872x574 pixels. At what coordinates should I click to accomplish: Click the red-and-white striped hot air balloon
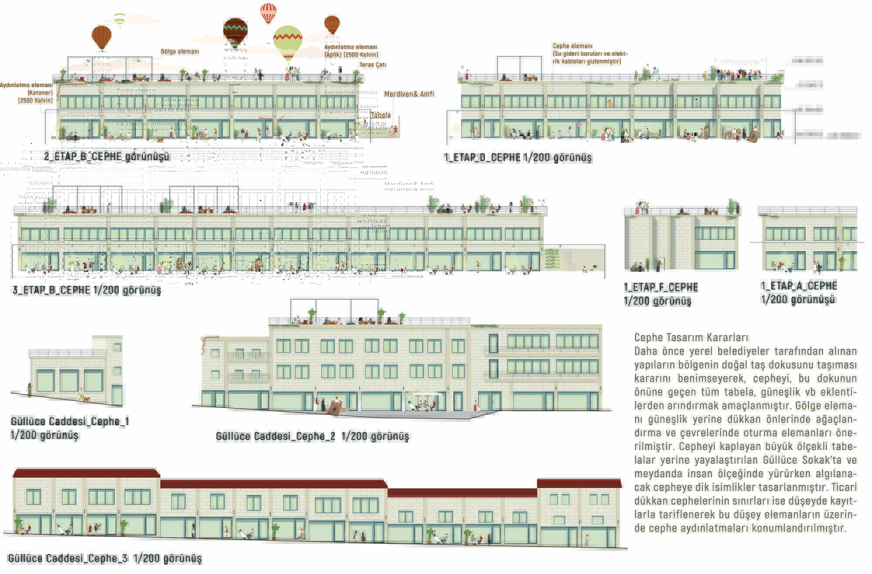[268, 13]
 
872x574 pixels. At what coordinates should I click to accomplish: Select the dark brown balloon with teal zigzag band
[235, 31]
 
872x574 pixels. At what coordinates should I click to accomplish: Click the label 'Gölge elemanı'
[180, 51]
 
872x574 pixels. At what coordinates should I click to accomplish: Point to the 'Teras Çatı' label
[373, 65]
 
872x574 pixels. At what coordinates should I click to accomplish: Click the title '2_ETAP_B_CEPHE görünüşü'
[107, 156]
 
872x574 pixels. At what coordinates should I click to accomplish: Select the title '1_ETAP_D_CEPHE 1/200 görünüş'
[518, 157]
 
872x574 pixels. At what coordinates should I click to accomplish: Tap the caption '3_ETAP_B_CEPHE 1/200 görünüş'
[87, 290]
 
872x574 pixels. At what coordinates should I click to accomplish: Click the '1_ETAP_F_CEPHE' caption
[661, 287]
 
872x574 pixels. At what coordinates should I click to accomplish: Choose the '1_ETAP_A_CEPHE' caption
[799, 286]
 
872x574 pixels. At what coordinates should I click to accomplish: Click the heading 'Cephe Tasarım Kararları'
[691, 337]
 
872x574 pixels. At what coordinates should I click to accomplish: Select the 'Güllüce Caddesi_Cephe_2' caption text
[276, 436]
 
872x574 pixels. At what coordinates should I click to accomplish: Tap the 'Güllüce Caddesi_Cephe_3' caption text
[68, 558]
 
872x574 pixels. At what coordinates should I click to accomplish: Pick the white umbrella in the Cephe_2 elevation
[426, 394]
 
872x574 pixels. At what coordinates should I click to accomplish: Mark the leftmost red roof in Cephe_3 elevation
[86, 473]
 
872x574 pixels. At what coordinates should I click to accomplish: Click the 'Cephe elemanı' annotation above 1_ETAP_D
[572, 46]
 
